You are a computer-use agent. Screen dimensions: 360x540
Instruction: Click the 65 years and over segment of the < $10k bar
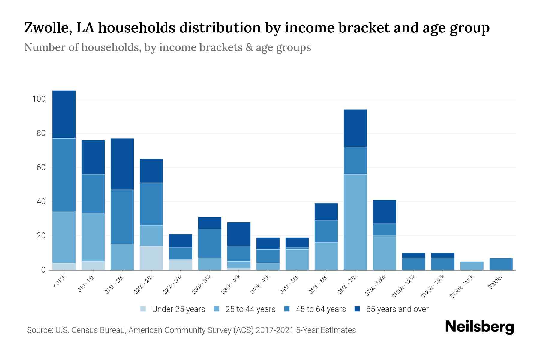[x=64, y=114]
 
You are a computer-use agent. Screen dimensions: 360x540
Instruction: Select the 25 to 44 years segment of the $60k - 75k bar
[x=355, y=222]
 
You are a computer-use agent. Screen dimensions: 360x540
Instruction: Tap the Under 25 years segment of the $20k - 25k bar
[x=151, y=258]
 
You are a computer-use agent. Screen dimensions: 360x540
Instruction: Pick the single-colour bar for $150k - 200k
[x=472, y=266]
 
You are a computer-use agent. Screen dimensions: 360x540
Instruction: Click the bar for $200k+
[x=501, y=264]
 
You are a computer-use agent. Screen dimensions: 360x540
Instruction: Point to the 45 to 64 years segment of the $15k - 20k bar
[x=122, y=217]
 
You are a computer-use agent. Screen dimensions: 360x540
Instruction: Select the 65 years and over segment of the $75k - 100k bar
[x=384, y=212]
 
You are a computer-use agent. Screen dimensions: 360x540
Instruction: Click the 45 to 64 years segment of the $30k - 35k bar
[x=210, y=243]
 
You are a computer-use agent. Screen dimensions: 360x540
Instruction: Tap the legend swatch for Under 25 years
[x=143, y=309]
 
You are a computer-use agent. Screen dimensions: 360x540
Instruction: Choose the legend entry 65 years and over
[x=397, y=309]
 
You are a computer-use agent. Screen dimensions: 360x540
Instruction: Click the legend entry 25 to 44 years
[x=250, y=309]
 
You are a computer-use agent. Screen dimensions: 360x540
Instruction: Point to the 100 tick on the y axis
[x=39, y=99]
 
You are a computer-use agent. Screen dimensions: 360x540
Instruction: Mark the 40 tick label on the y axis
[x=41, y=202]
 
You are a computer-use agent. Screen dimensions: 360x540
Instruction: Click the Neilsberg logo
[x=479, y=327]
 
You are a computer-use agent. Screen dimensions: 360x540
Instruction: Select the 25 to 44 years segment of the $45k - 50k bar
[x=297, y=259]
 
